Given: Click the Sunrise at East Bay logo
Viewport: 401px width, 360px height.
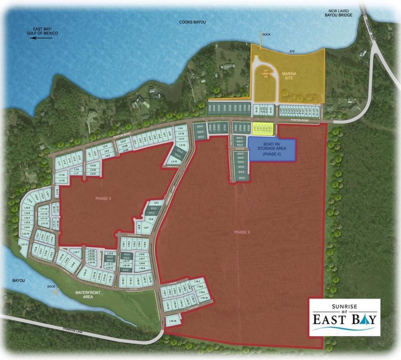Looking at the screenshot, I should click(344, 317).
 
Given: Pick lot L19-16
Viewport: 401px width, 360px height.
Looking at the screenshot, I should click(173, 321).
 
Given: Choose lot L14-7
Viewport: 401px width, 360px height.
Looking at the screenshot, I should click(75, 251).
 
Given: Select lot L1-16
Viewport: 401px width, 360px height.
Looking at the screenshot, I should click(62, 175).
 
